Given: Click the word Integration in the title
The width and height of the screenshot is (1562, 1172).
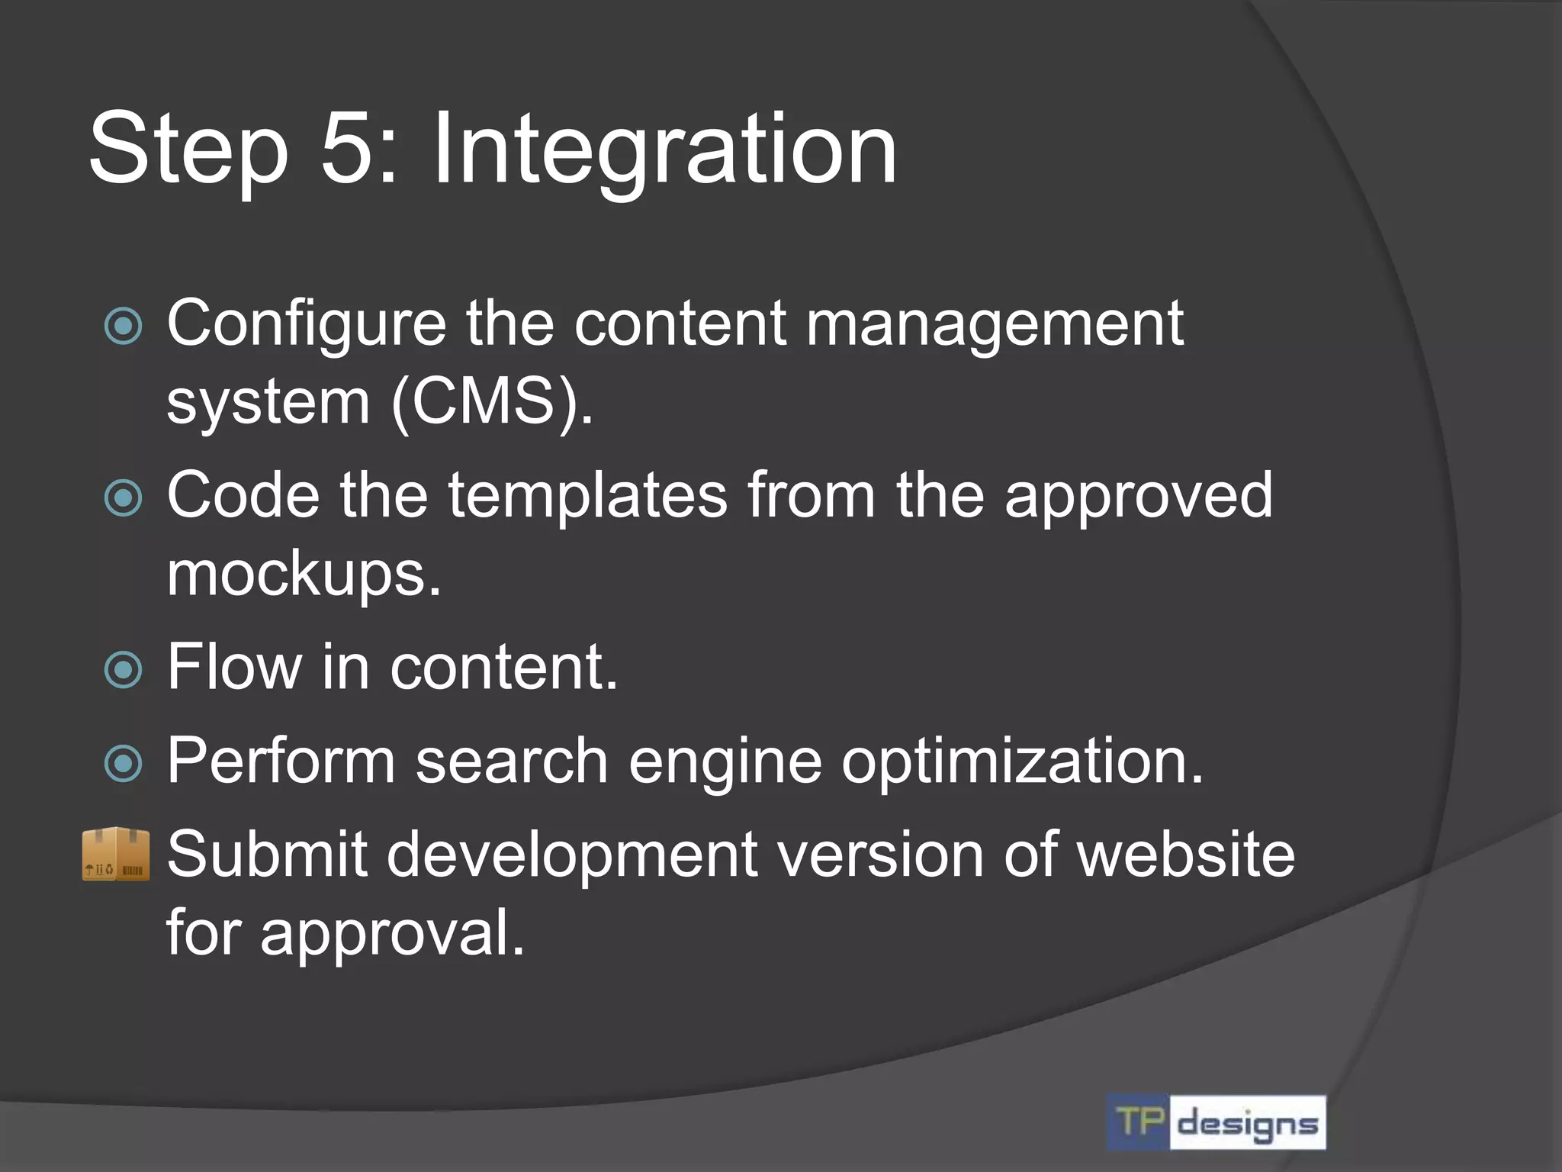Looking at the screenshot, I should tap(664, 150).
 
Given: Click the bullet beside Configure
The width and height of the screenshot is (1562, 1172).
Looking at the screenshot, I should tap(123, 327).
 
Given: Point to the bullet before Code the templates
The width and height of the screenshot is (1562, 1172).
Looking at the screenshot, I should tap(123, 498).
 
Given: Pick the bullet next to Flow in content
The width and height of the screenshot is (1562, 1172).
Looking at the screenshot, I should tap(123, 670).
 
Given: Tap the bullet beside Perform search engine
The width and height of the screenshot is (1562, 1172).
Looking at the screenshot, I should tap(123, 763).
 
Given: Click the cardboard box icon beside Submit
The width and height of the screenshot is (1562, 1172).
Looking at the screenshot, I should tap(116, 854).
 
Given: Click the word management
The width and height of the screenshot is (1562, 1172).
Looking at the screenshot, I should tap(995, 324).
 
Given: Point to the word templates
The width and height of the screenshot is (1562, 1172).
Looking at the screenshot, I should tap(587, 496).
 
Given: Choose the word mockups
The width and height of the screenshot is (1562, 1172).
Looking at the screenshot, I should tap(304, 574).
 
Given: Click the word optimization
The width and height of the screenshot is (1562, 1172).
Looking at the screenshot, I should tap(1022, 761).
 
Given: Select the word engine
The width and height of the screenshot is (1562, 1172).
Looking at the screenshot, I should tap(725, 763).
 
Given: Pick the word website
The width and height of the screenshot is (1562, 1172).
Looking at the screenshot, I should tap(1185, 854).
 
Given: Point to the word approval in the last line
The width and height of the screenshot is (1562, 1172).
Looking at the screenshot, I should tap(392, 933).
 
